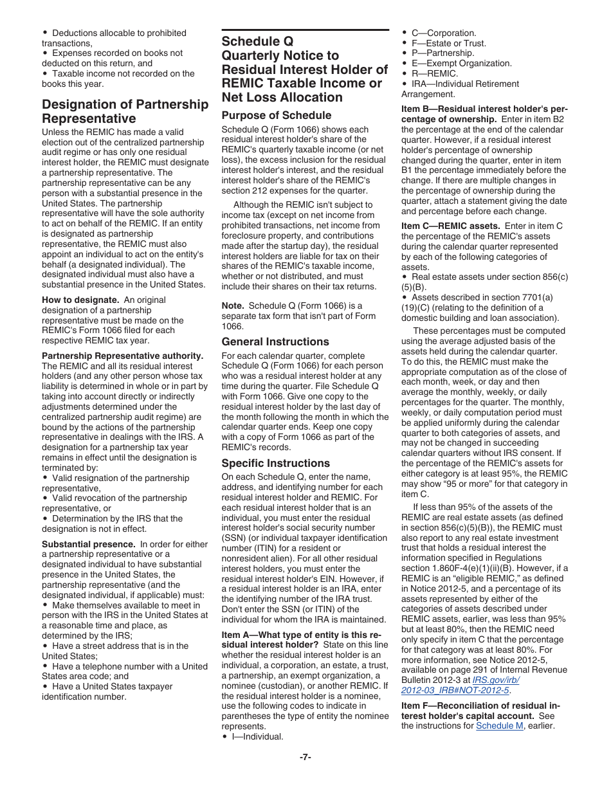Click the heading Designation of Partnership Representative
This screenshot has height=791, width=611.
[125, 111]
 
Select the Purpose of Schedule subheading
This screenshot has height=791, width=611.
[277, 115]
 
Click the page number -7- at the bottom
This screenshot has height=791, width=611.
[305, 757]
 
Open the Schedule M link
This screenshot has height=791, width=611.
[499, 726]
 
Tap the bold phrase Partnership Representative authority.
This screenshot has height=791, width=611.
[122, 356]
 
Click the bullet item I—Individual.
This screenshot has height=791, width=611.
[257, 736]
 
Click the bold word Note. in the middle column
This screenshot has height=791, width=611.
[232, 305]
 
